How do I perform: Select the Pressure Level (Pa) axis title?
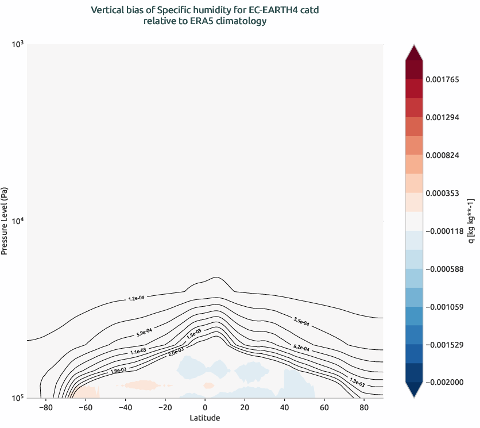(x=5, y=221)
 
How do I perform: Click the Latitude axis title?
(x=204, y=418)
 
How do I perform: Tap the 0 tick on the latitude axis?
(x=205, y=407)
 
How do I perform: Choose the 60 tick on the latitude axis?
(x=324, y=407)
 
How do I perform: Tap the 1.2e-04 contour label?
(x=136, y=298)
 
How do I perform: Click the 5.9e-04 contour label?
(x=144, y=331)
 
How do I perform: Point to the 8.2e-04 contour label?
(x=301, y=348)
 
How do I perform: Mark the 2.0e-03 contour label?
(x=176, y=351)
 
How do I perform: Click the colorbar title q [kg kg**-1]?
(x=471, y=221)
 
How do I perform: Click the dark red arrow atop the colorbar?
(x=414, y=53)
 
